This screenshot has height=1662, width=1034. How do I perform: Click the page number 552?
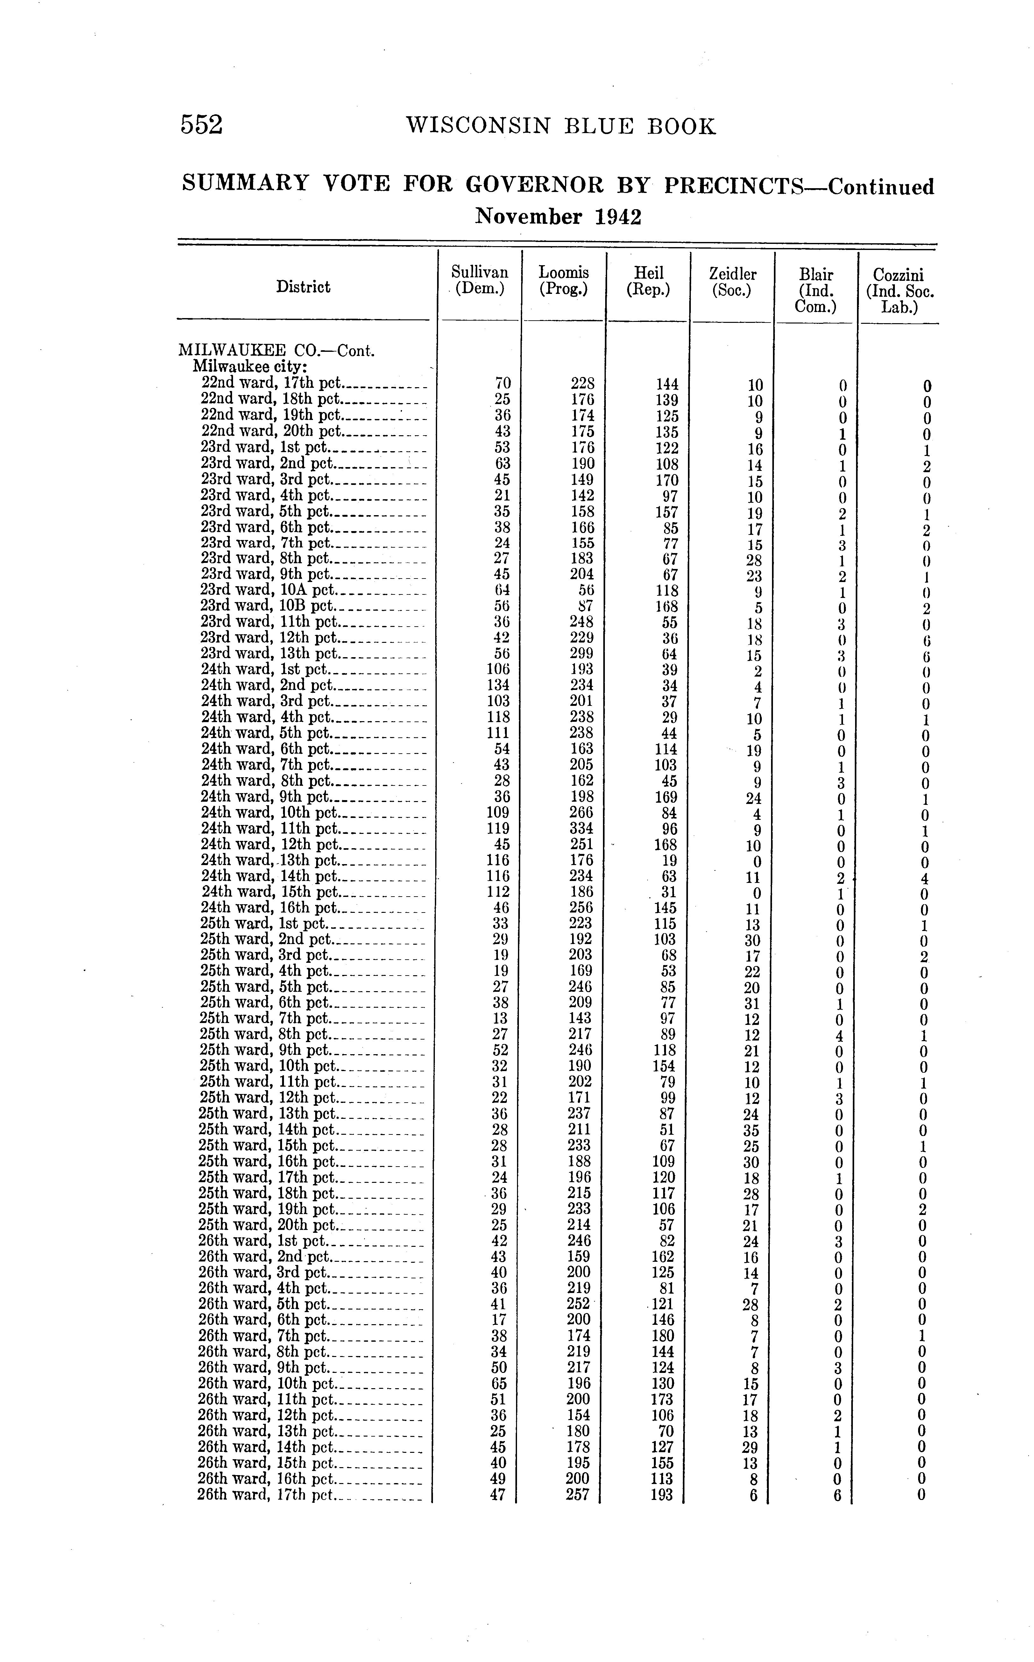[x=202, y=125]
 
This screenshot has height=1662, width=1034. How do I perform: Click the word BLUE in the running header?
[x=602, y=126]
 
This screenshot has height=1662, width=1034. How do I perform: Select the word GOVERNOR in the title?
[x=535, y=185]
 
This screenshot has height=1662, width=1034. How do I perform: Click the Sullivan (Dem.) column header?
[x=480, y=281]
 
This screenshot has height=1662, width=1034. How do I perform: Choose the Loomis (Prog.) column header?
[x=563, y=281]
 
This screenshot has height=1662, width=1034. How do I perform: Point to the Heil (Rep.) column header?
[x=648, y=281]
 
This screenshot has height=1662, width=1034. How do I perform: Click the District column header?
[x=303, y=287]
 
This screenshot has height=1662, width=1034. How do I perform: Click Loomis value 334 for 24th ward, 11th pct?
[x=581, y=828]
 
